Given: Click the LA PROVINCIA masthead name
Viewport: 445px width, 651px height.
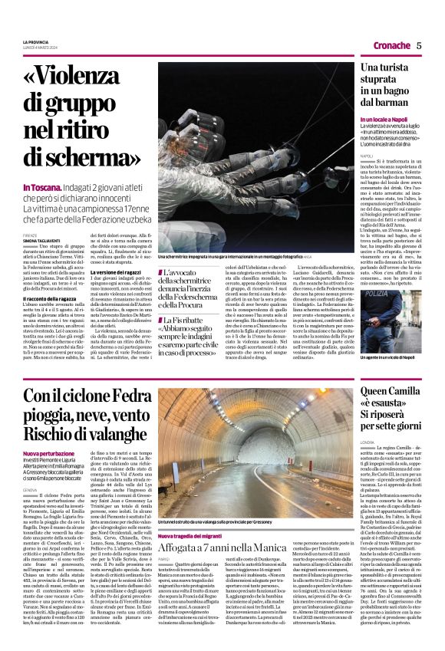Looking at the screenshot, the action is (x=36, y=41).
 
